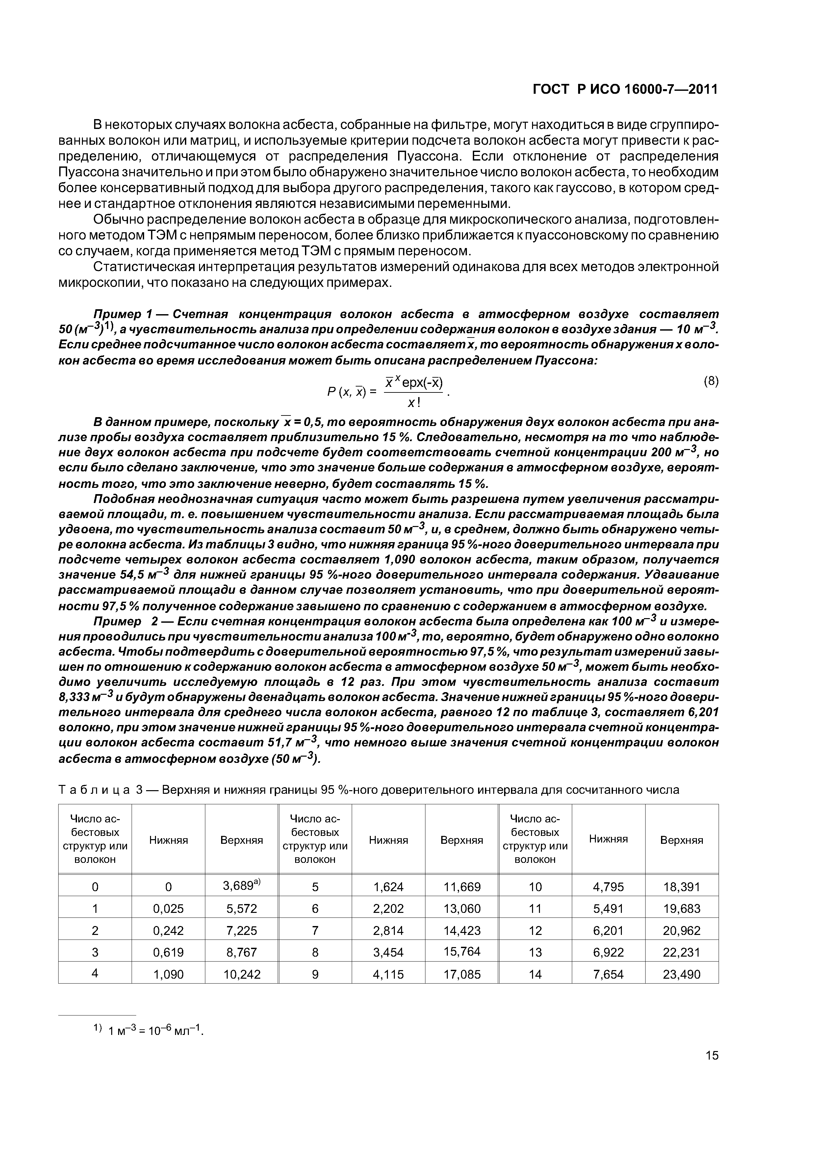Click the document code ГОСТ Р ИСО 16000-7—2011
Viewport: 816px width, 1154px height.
pos(625,89)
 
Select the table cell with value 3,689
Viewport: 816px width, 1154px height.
pos(241,887)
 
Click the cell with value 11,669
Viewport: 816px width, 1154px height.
pos(462,887)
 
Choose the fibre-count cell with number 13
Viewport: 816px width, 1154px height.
pos(535,952)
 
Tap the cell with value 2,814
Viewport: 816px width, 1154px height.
pos(388,930)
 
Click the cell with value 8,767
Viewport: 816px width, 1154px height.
pos(241,952)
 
